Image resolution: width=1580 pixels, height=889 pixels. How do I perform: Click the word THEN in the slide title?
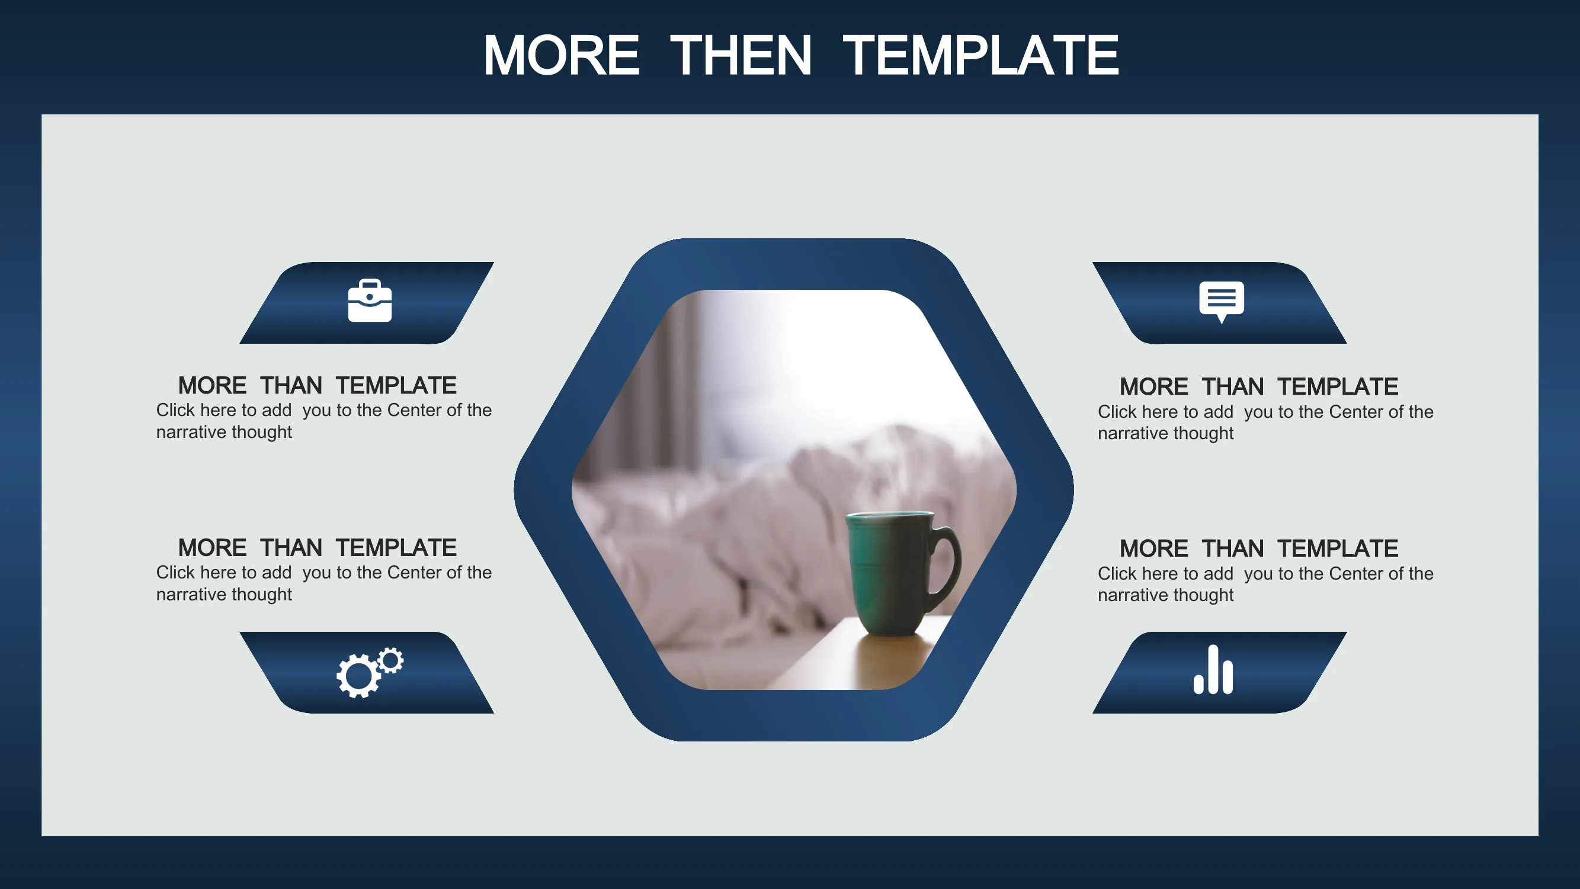(x=741, y=55)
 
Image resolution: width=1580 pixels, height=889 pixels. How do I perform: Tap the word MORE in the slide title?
(x=561, y=55)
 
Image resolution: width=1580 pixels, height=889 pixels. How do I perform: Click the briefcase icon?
(x=370, y=300)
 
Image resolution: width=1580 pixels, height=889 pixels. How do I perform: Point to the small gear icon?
(x=392, y=661)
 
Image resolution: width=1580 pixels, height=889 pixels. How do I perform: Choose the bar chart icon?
(x=1213, y=669)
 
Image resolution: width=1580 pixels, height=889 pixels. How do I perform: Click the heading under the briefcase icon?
(x=317, y=385)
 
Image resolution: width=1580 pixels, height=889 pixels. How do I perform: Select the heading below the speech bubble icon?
(x=1258, y=386)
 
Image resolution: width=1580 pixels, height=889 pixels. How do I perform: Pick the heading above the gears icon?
(x=317, y=547)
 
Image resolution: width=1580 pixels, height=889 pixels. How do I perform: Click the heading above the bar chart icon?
(x=1258, y=548)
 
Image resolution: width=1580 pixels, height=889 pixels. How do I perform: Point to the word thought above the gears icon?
(x=262, y=594)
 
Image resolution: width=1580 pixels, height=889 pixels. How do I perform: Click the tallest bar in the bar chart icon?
(x=1213, y=669)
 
